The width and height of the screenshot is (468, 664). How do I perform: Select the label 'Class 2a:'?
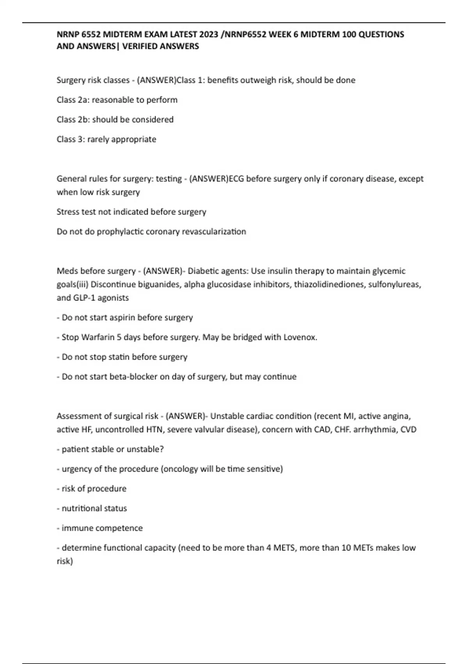(x=73, y=100)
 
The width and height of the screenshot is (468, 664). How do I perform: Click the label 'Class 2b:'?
(x=73, y=120)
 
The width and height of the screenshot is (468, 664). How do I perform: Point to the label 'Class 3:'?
(x=71, y=139)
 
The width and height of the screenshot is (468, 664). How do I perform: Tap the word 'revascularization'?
(x=214, y=232)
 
